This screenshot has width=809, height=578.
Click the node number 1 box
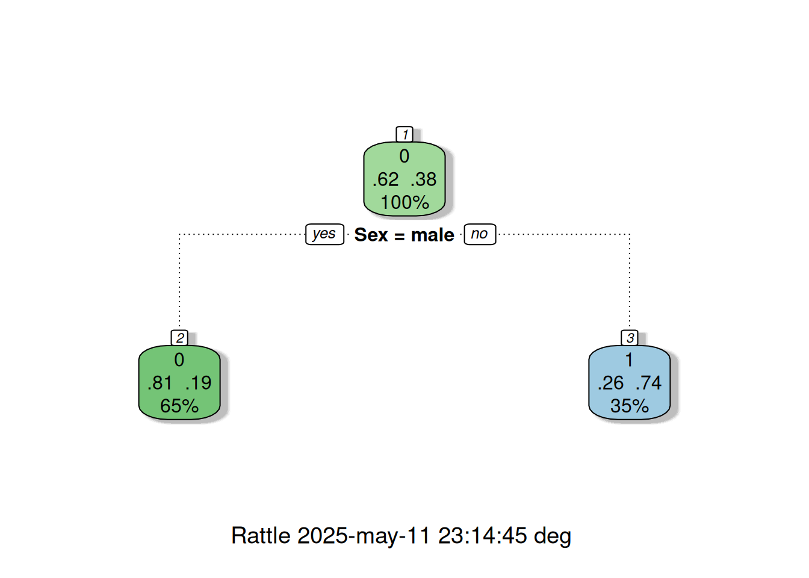(x=404, y=134)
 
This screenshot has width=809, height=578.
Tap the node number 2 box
(x=179, y=337)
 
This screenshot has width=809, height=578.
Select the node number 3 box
(x=629, y=337)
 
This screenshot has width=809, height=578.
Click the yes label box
(x=324, y=234)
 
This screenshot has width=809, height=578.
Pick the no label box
(x=480, y=234)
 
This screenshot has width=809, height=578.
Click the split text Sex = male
(x=404, y=235)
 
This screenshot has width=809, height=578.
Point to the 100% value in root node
(x=404, y=202)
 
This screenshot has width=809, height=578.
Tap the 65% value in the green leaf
(x=179, y=406)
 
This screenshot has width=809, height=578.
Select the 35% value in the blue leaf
(x=629, y=406)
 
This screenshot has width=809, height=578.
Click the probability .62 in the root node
(x=385, y=179)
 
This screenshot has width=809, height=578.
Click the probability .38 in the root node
(x=423, y=179)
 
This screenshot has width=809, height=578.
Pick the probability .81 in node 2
(x=160, y=382)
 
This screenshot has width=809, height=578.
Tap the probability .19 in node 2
(x=198, y=382)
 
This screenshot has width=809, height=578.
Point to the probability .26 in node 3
(x=610, y=382)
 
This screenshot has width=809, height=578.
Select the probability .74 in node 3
(x=648, y=382)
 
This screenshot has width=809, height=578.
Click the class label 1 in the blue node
(x=629, y=360)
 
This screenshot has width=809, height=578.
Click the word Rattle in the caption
(x=261, y=535)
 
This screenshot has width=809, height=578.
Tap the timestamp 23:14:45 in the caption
(x=482, y=535)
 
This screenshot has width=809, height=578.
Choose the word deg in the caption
(x=553, y=537)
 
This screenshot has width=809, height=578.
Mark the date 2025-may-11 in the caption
(x=364, y=536)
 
